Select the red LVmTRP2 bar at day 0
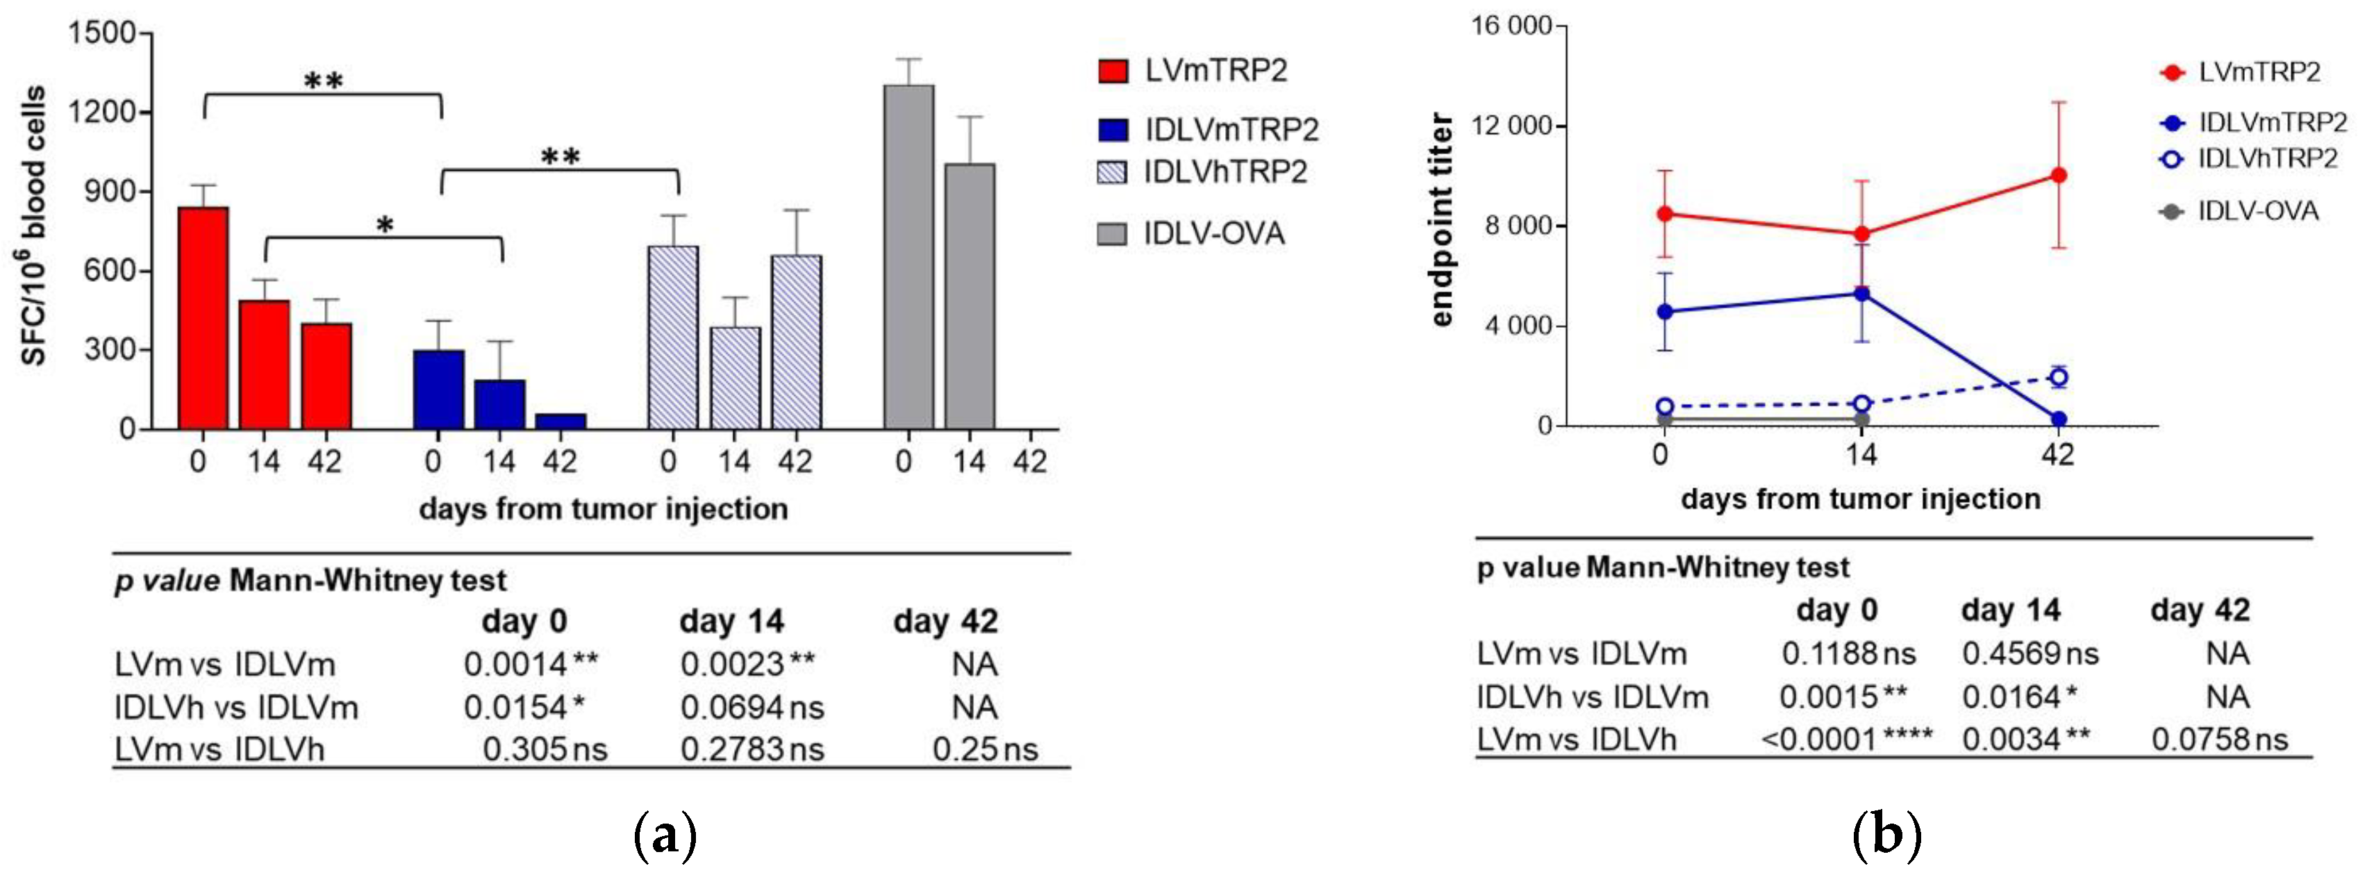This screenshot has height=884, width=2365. (x=203, y=317)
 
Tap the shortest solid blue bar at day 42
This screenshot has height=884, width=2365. (x=560, y=422)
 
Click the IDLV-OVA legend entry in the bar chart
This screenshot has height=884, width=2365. (x=1190, y=234)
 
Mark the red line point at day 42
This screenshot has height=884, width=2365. (x=2059, y=175)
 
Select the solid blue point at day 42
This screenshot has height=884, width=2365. (x=2059, y=419)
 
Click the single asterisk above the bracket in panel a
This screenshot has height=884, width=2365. (x=385, y=225)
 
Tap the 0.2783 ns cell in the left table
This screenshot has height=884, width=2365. (x=751, y=750)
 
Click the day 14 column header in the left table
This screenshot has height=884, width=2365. (x=731, y=622)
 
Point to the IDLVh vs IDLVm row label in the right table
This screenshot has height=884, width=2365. (x=1592, y=697)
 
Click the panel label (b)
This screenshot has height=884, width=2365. (x=1886, y=836)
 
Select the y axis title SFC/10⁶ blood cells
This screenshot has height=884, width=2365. (x=34, y=226)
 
